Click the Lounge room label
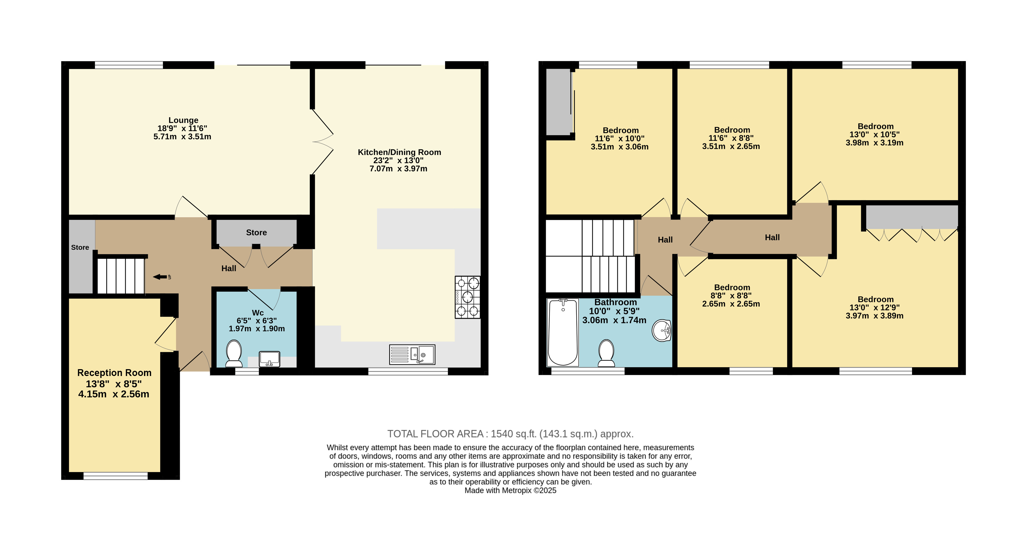tap(183, 120)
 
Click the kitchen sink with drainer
tap(412, 354)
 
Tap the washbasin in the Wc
tap(270, 359)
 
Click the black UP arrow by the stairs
tap(160, 277)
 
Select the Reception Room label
tap(114, 373)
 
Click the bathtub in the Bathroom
tap(562, 332)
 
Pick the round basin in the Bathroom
tap(662, 331)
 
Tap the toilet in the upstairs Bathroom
tap(606, 353)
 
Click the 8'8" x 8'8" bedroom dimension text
tap(732, 296)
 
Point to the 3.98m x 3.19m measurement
tap(875, 143)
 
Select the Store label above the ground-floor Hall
tap(256, 232)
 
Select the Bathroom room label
tap(616, 302)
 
